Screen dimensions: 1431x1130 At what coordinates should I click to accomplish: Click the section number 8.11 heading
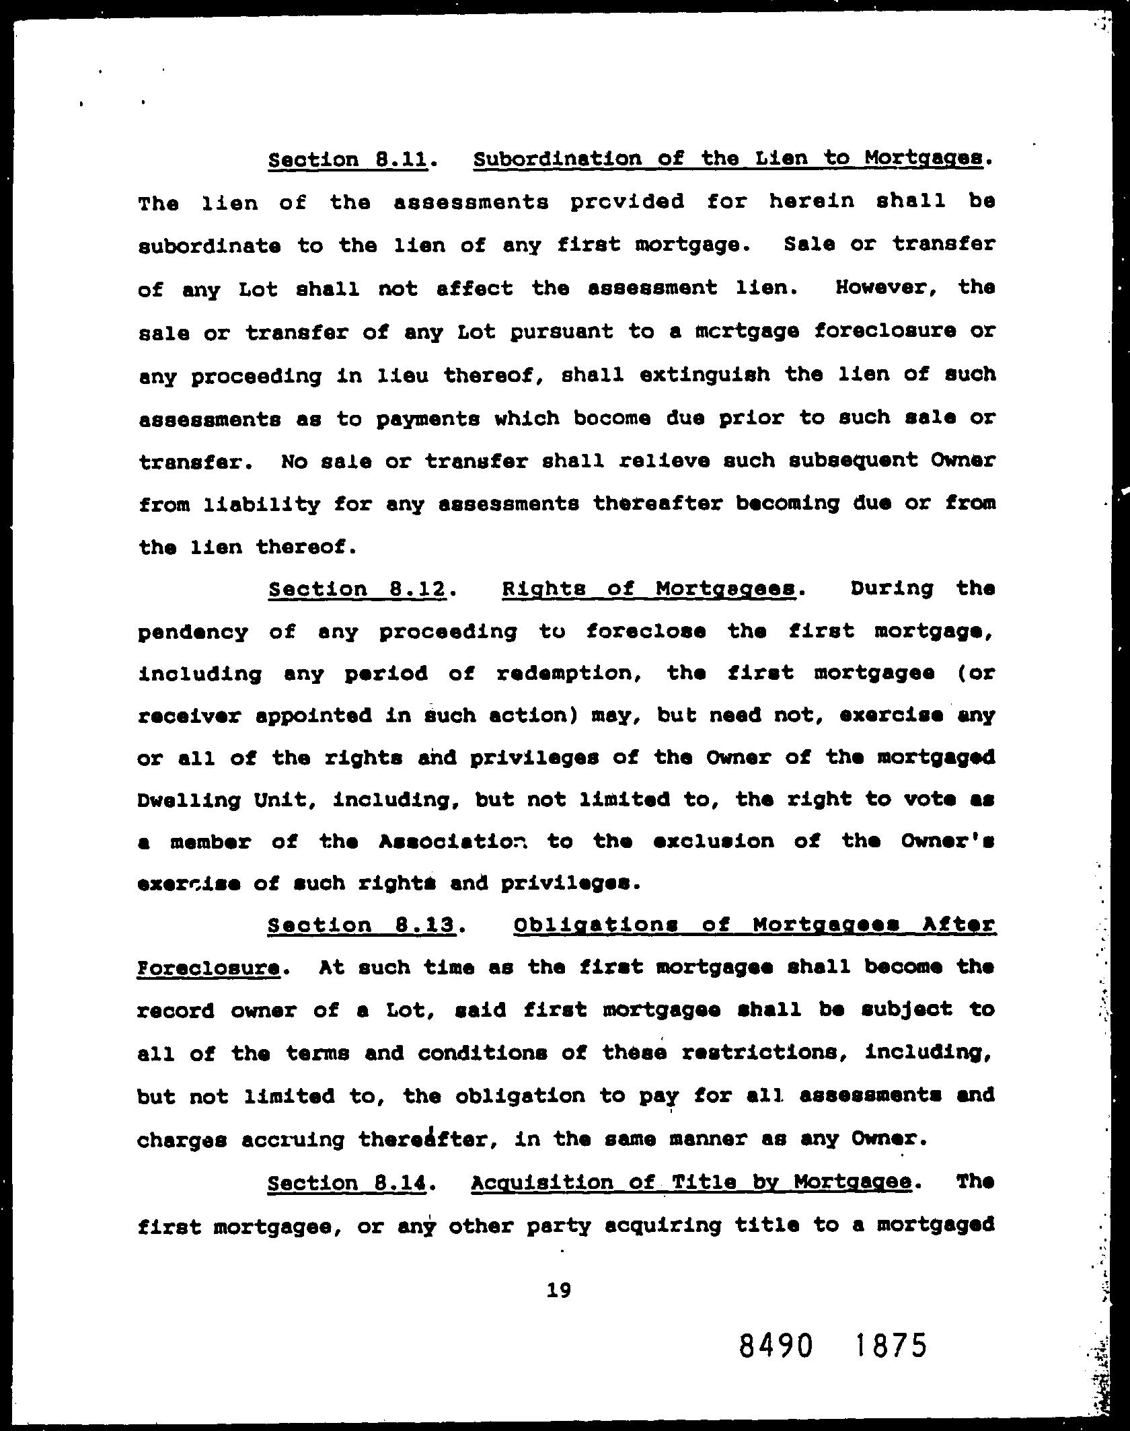pyautogui.click(x=348, y=160)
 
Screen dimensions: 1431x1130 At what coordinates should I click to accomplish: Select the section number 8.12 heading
pyautogui.click(x=357, y=590)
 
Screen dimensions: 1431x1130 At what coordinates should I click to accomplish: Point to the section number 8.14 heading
pyautogui.click(x=347, y=1183)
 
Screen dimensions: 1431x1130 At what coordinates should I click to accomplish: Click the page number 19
pyautogui.click(x=559, y=1290)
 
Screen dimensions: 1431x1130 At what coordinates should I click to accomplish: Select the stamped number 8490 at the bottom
pyautogui.click(x=776, y=1346)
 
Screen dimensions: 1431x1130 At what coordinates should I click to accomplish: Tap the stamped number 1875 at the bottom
pyautogui.click(x=891, y=1346)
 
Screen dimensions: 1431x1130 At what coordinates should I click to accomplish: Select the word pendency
pyautogui.click(x=192, y=633)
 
